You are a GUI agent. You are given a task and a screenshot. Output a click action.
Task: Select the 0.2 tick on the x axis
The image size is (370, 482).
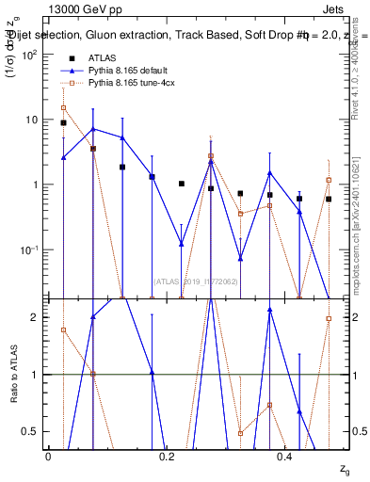click(168, 456)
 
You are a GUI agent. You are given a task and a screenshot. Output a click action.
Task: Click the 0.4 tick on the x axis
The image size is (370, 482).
click(286, 456)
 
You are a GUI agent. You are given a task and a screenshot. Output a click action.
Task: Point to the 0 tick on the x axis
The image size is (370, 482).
click(48, 456)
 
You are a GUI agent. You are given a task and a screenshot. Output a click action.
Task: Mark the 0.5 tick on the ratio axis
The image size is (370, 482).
click(36, 431)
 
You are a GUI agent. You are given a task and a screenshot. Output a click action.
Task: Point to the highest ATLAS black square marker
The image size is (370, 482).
click(63, 123)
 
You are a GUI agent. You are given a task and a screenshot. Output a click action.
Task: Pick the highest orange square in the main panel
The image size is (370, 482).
click(63, 107)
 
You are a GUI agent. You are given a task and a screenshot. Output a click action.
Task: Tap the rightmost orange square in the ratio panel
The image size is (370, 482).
click(329, 318)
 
